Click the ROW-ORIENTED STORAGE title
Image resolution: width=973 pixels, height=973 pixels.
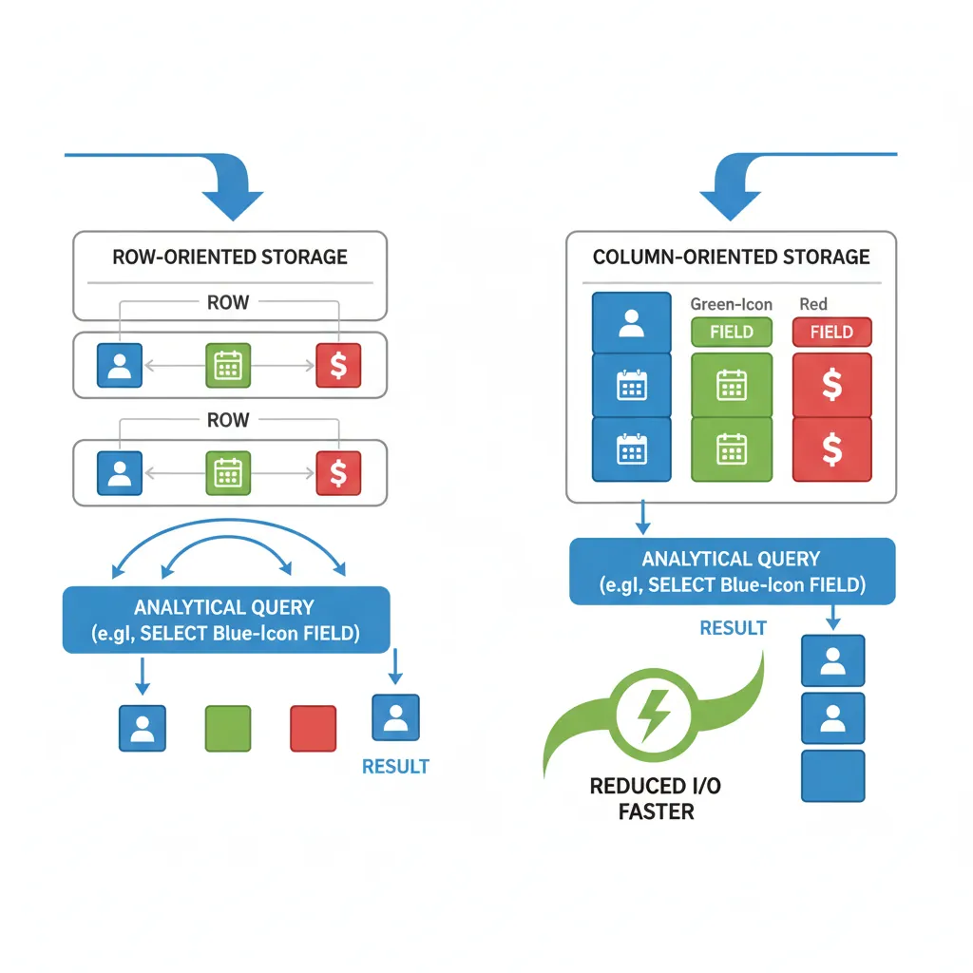tap(230, 257)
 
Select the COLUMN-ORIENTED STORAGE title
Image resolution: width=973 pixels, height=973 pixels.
tap(731, 257)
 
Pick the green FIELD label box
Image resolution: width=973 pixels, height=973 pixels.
tap(731, 332)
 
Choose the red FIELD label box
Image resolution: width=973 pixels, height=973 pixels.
tap(831, 332)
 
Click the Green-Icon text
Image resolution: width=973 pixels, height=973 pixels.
tap(731, 304)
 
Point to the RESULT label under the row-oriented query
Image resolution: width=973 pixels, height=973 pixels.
tap(395, 766)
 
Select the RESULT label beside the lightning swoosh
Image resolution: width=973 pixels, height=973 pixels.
tap(733, 628)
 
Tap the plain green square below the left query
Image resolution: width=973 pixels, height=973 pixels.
tap(228, 729)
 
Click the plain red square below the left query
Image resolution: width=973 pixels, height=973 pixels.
tap(313, 729)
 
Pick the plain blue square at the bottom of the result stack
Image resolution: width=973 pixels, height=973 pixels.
tap(832, 776)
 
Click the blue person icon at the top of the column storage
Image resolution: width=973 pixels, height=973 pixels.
tap(632, 323)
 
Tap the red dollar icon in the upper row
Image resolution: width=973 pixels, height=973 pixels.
tap(337, 366)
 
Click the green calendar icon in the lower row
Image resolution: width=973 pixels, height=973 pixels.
tap(228, 472)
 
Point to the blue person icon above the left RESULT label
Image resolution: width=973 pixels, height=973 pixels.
tap(395, 717)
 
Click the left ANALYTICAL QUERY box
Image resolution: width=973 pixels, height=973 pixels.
tap(226, 620)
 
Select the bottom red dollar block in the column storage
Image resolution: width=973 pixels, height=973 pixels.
tap(831, 449)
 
